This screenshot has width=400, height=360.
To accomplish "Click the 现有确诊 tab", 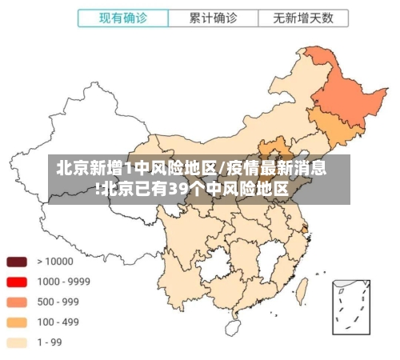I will (123, 18).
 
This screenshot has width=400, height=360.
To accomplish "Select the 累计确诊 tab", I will (213, 18).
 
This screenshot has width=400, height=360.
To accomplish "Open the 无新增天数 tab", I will (303, 18).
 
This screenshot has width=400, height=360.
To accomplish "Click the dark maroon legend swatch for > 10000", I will (17, 261).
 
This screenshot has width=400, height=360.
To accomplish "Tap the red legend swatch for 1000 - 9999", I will (17, 282).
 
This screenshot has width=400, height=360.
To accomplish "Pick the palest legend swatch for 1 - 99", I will (17, 342).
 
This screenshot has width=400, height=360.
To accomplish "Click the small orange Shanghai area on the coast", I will (305, 229).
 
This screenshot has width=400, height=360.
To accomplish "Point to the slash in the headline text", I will (222, 169).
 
